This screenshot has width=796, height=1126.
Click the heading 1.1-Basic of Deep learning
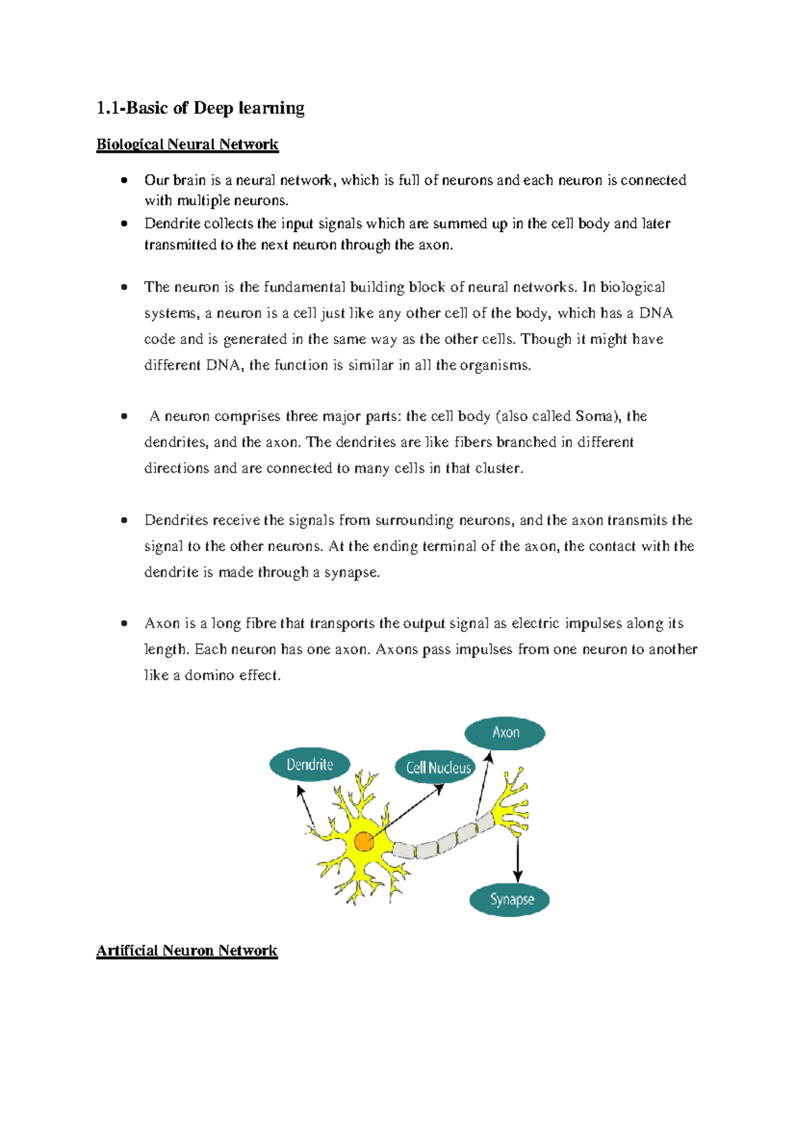click(200, 108)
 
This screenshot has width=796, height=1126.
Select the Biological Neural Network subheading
click(187, 145)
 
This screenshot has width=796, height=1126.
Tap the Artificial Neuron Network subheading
click(186, 951)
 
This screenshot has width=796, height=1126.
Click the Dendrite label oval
click(310, 765)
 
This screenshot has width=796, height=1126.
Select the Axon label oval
click(505, 733)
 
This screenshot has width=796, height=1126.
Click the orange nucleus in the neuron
click(364, 842)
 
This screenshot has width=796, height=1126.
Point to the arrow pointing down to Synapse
click(517, 860)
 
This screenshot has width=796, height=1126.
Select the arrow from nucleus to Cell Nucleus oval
click(405, 813)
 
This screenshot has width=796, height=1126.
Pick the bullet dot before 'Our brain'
click(124, 180)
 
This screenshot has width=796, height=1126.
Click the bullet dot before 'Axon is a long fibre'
click(124, 623)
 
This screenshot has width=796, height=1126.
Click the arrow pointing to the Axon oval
click(483, 783)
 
